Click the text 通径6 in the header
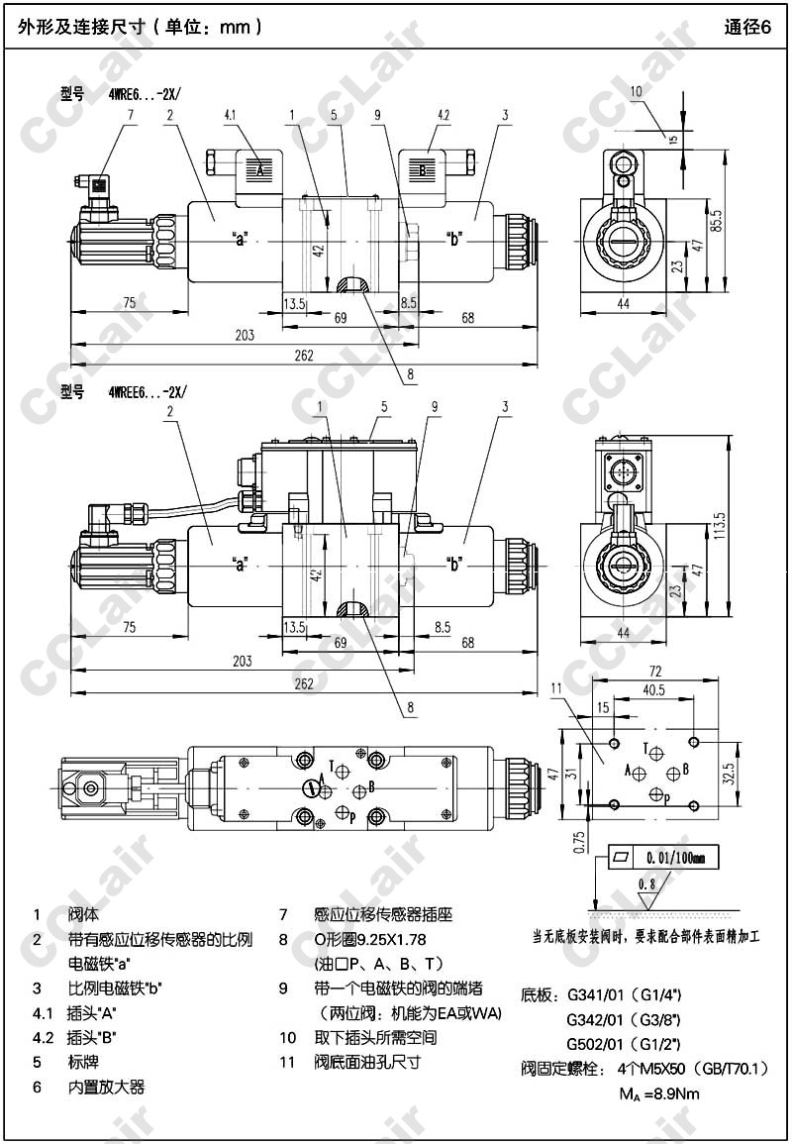pos(746,28)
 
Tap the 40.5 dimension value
pos(653,690)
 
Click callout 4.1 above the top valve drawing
pos(231,116)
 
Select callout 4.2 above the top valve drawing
pos(444,116)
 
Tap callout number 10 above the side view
pos(636,91)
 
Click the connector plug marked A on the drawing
pos(260,170)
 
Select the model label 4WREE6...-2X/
pos(147,392)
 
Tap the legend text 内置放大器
pos(106,1087)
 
